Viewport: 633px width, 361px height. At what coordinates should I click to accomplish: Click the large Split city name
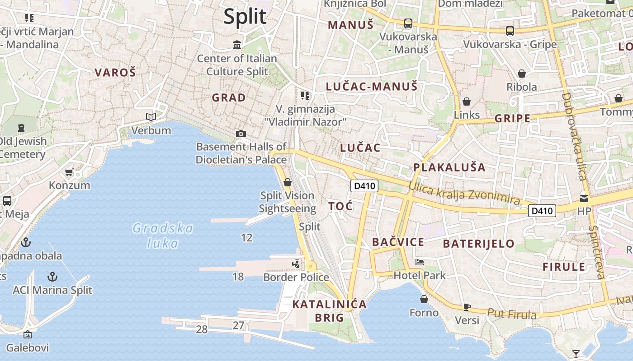pyautogui.click(x=245, y=17)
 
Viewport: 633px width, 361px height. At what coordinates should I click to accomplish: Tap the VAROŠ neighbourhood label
pyautogui.click(x=115, y=72)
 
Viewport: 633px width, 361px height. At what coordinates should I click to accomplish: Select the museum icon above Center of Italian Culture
pyautogui.click(x=237, y=45)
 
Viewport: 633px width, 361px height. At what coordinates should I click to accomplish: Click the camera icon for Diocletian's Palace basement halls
pyautogui.click(x=241, y=134)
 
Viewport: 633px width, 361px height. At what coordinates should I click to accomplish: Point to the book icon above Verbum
pyautogui.click(x=151, y=117)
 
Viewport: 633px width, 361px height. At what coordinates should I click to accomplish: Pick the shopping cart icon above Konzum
pyautogui.click(x=69, y=172)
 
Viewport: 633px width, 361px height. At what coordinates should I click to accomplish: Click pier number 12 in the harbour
pyautogui.click(x=247, y=238)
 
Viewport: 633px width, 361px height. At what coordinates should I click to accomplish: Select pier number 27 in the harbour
pyautogui.click(x=238, y=325)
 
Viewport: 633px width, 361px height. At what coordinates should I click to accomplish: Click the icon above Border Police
pyautogui.click(x=296, y=264)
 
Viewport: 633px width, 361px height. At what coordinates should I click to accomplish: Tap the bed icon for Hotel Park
pyautogui.click(x=420, y=262)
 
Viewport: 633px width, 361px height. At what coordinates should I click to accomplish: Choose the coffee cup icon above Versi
pyautogui.click(x=467, y=307)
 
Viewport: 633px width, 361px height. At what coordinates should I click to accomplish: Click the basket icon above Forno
pyautogui.click(x=424, y=299)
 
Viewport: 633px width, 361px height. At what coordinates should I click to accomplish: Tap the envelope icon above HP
pyautogui.click(x=584, y=198)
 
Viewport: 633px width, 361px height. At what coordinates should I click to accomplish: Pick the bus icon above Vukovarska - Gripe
pyautogui.click(x=510, y=31)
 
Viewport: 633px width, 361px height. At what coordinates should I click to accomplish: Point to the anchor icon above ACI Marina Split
pyautogui.click(x=53, y=276)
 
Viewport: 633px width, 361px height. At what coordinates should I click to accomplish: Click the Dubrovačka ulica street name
pyautogui.click(x=574, y=135)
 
